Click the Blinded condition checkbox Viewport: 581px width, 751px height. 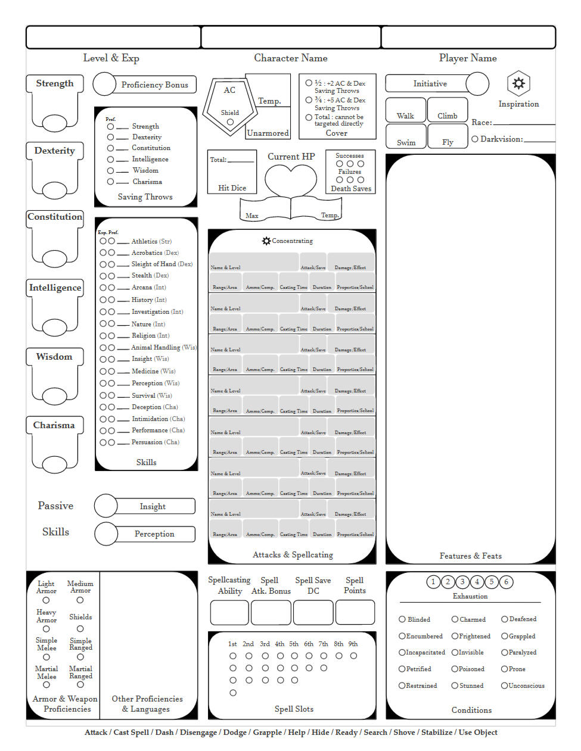click(x=402, y=619)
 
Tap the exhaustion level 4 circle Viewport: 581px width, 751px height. click(x=477, y=582)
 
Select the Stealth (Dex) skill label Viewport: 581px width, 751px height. click(x=150, y=276)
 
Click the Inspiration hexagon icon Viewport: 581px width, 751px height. click(x=518, y=83)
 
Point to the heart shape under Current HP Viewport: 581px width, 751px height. click(x=291, y=180)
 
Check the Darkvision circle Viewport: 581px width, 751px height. click(x=475, y=139)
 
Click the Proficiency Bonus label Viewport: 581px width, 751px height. click(x=154, y=85)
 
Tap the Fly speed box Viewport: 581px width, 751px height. click(x=448, y=136)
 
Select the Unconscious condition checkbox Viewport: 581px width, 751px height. click(x=504, y=685)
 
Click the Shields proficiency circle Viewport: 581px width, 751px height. click(x=80, y=629)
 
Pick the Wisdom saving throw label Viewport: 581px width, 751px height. click(x=145, y=170)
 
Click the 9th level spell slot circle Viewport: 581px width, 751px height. click(x=353, y=656)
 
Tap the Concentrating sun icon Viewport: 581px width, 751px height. click(x=266, y=241)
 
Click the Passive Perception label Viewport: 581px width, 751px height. click(x=154, y=534)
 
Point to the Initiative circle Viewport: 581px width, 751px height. click(x=477, y=84)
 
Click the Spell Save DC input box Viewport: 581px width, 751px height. click(x=313, y=612)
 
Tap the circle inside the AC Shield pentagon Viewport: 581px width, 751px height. click(x=230, y=122)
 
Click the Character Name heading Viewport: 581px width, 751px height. click(x=290, y=58)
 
